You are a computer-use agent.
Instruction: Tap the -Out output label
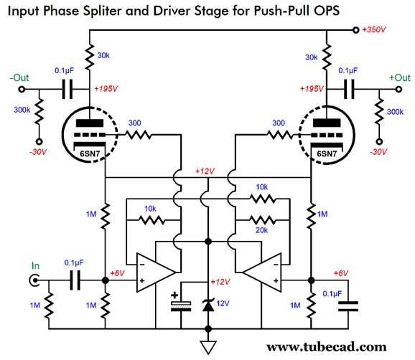tap(21, 77)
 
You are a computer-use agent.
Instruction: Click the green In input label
tap(34, 266)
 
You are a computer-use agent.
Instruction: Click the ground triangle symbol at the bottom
tap(208, 347)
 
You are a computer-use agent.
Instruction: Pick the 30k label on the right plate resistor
tap(312, 57)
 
